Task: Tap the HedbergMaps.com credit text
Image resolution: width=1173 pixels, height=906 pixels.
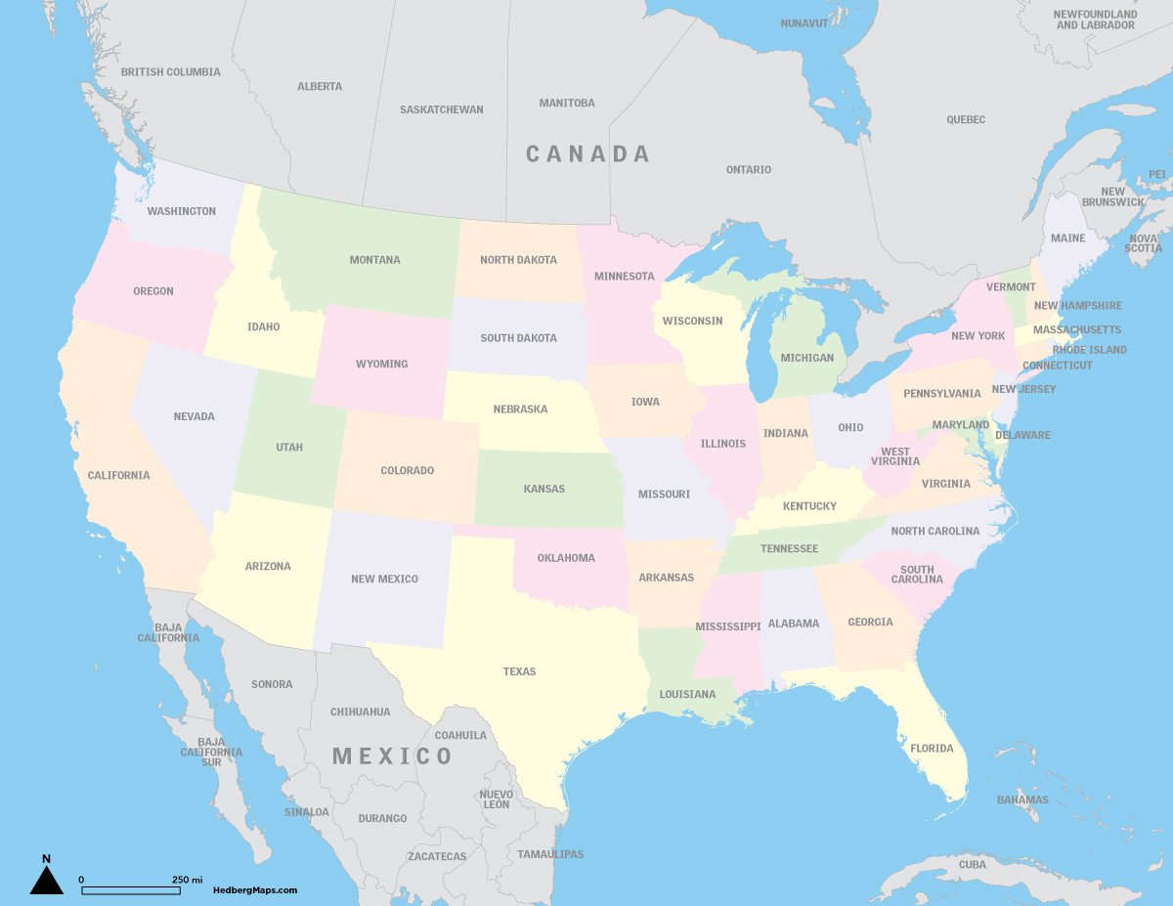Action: pyautogui.click(x=255, y=890)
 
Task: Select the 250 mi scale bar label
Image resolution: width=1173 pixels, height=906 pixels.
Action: pyautogui.click(x=187, y=880)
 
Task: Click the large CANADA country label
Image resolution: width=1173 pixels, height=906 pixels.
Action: pyautogui.click(x=587, y=153)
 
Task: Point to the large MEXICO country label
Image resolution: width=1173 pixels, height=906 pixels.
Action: pyautogui.click(x=393, y=755)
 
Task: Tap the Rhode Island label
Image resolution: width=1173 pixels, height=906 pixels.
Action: pyautogui.click(x=1089, y=350)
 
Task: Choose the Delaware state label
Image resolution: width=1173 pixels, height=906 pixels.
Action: pyautogui.click(x=1022, y=435)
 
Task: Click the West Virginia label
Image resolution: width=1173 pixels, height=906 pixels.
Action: pyautogui.click(x=895, y=456)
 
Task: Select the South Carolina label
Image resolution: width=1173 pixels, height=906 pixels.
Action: pyautogui.click(x=917, y=575)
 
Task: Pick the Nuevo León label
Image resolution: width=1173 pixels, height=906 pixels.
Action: pyautogui.click(x=497, y=799)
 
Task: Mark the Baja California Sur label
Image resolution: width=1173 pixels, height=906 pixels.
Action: pyautogui.click(x=211, y=752)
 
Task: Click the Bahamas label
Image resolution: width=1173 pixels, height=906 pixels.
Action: pyautogui.click(x=1022, y=800)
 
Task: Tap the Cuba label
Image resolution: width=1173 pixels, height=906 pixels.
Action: pyautogui.click(x=973, y=865)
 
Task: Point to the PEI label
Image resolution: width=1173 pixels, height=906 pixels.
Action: pyautogui.click(x=1157, y=174)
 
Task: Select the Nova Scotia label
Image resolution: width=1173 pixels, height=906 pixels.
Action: pyautogui.click(x=1144, y=243)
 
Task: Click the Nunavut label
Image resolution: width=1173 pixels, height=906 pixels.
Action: pyautogui.click(x=804, y=22)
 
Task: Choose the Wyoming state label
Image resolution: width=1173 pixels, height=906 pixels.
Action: pyautogui.click(x=381, y=365)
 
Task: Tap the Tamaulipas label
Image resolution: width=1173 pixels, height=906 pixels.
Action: pyautogui.click(x=550, y=854)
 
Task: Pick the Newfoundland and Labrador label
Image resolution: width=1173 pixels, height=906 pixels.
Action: pyautogui.click(x=1095, y=20)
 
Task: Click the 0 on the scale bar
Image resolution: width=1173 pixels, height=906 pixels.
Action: pyautogui.click(x=81, y=880)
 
